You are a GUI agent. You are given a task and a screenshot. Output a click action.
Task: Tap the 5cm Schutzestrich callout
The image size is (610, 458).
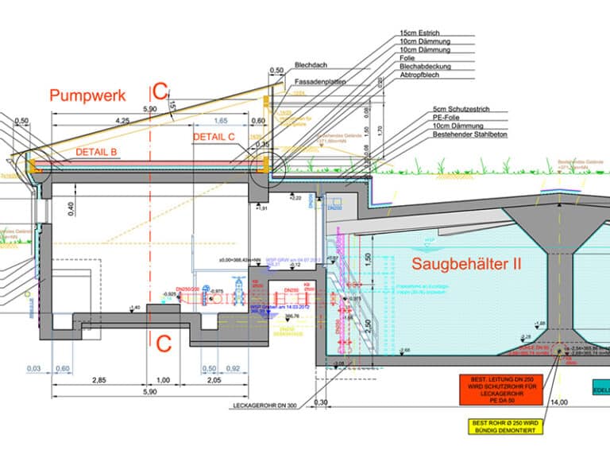[461, 109]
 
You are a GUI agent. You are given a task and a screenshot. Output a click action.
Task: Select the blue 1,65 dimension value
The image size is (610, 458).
[222, 120]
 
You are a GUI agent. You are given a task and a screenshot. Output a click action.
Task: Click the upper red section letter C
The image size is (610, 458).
[160, 91]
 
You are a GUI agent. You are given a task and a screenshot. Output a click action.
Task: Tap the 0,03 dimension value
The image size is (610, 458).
[33, 368]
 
